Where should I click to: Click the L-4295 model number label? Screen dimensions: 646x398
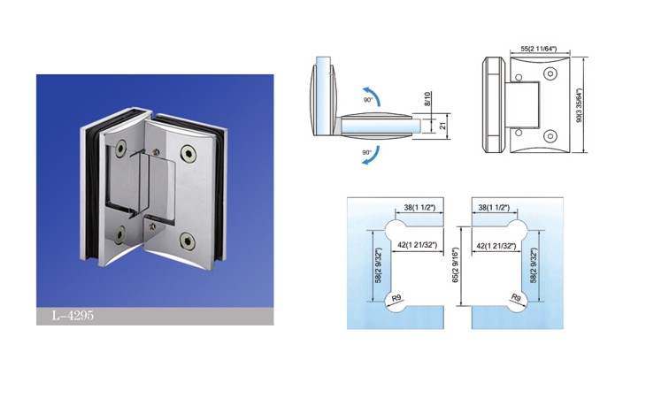click(73, 316)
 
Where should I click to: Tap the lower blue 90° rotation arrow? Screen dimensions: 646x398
click(373, 156)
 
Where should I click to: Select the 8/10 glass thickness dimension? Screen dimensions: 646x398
click(427, 99)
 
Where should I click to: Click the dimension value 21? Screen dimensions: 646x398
click(443, 126)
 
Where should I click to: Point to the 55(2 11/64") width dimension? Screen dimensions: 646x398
click(538, 49)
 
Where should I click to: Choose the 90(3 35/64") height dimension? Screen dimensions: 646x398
click(580, 106)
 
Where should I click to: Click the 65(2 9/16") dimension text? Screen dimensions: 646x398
click(455, 265)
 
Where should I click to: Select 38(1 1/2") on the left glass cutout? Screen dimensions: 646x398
click(419, 208)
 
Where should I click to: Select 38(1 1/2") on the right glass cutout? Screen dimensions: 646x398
click(494, 208)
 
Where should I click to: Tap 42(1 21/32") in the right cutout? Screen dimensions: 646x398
click(496, 246)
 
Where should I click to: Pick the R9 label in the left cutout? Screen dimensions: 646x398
click(396, 297)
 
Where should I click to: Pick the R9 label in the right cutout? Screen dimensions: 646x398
click(516, 297)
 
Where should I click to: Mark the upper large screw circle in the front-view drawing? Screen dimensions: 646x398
click(550, 74)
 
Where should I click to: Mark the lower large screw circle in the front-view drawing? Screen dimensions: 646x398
click(550, 136)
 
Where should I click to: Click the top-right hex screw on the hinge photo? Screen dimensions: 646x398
click(188, 153)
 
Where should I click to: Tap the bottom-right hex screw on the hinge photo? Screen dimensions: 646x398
click(188, 241)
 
